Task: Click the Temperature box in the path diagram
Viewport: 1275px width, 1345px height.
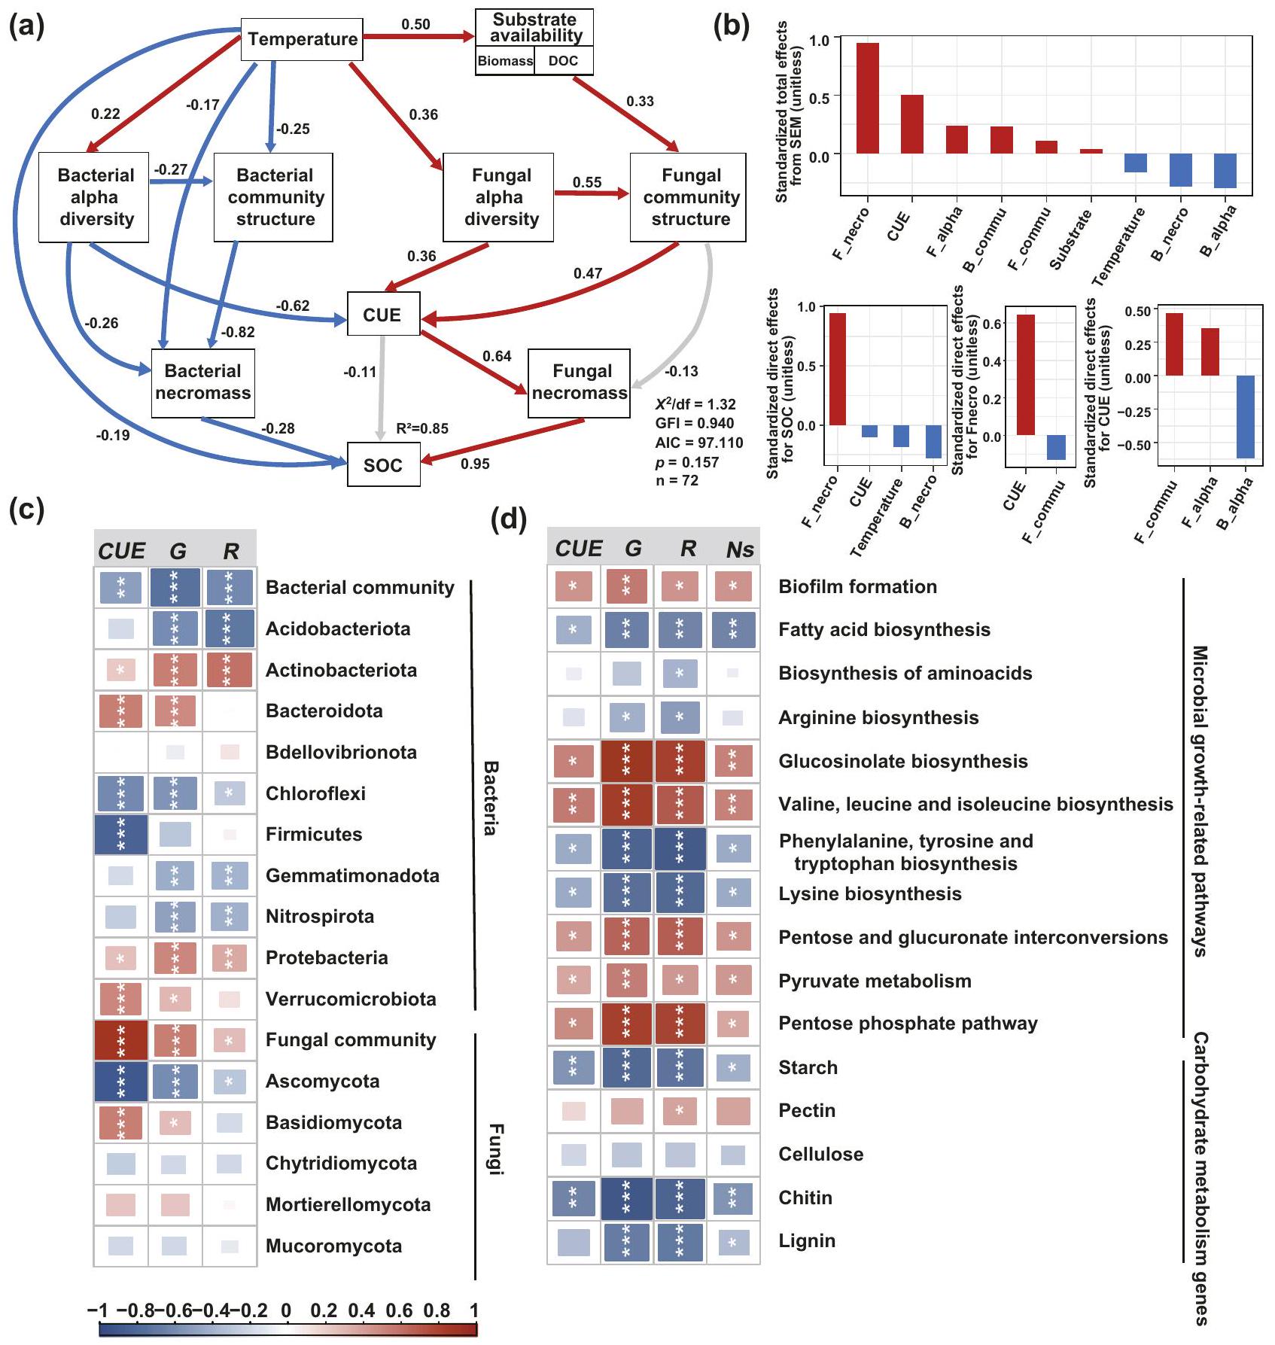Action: pos(302,39)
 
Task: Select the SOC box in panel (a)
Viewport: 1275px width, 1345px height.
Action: pos(383,465)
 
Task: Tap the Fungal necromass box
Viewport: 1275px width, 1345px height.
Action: pos(579,382)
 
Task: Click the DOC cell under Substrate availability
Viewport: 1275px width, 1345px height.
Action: pos(563,61)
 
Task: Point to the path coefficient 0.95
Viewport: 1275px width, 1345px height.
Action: pos(475,464)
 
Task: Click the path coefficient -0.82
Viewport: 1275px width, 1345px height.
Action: pos(238,332)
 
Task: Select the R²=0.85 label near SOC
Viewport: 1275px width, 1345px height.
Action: pos(422,428)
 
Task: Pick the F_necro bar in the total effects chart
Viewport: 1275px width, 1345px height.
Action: pos(867,98)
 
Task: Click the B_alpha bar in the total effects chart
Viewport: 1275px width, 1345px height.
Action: pos(1225,171)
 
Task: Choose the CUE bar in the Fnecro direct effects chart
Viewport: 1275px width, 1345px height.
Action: pos(1025,375)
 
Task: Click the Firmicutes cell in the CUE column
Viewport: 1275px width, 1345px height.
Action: pos(121,835)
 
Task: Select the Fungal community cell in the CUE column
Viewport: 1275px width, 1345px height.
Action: pos(121,1040)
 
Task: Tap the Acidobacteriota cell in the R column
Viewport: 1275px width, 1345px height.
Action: pos(230,629)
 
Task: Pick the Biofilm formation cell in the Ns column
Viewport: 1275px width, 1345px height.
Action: pos(733,587)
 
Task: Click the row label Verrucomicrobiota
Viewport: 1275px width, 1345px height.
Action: pos(351,999)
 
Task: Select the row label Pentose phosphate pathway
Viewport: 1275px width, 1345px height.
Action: pos(908,1024)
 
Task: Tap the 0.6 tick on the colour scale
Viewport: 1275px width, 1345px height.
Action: pos(400,1311)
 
